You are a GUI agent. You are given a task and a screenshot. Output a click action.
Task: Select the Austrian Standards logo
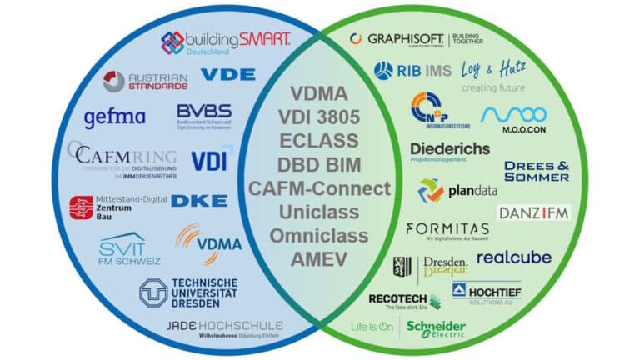[x=146, y=81]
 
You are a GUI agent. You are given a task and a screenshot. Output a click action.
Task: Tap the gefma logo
[x=114, y=117]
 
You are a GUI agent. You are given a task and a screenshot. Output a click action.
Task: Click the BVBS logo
[x=203, y=117]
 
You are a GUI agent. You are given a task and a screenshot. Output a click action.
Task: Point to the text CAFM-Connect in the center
[x=319, y=188]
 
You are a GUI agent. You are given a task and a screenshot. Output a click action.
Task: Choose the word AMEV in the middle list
[x=319, y=259]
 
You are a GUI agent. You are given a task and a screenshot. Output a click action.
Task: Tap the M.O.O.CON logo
[x=513, y=118]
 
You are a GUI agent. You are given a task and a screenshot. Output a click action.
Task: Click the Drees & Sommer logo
[x=537, y=171]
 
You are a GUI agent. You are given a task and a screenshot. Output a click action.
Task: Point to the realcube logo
[x=513, y=257]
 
